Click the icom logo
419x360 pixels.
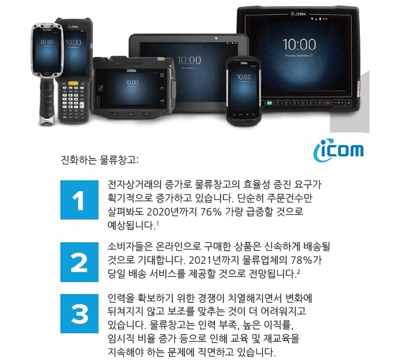(x=338, y=150)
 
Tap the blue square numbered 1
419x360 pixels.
(x=79, y=200)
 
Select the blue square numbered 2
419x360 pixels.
(x=79, y=262)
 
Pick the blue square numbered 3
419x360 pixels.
(x=79, y=313)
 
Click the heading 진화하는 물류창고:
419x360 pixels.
(x=100, y=160)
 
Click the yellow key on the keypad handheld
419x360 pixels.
(x=73, y=84)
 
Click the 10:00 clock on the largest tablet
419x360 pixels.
(x=299, y=44)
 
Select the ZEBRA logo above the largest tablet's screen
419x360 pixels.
(x=298, y=14)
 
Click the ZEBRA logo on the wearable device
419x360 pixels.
(x=132, y=71)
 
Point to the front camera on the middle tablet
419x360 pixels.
(x=216, y=39)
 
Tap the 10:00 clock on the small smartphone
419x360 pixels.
(x=244, y=77)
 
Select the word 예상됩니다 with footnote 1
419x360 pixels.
(x=131, y=226)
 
